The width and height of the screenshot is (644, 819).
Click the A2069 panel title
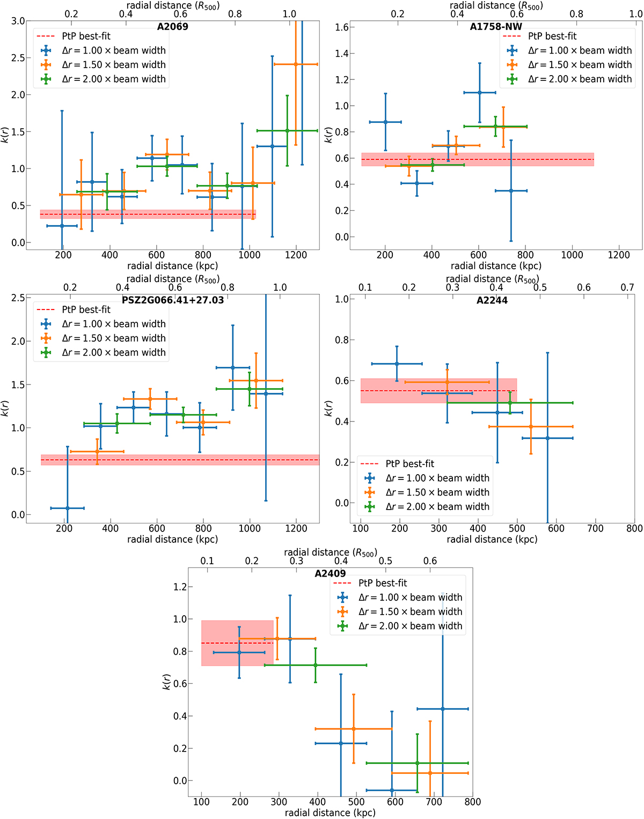click(173, 26)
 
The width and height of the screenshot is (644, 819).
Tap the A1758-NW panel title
click(496, 26)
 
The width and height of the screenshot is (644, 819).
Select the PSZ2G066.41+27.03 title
click(173, 300)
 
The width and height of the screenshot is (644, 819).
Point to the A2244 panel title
click(492, 300)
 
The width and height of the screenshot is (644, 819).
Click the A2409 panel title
click(330, 573)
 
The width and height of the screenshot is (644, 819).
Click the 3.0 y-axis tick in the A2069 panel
click(18, 21)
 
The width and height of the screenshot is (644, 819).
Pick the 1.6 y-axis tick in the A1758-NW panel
click(342, 27)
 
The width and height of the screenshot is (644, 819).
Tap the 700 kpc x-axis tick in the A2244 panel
click(595, 528)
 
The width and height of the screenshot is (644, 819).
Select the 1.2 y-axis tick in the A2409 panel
click(180, 587)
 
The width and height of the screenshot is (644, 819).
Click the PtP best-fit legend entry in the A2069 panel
click(86, 36)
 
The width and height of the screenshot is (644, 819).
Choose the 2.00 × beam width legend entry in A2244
click(437, 506)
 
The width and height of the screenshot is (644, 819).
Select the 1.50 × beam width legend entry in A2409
click(410, 611)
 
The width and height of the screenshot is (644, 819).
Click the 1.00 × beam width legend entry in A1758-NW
click(580, 50)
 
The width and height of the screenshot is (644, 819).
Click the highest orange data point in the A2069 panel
click(296, 64)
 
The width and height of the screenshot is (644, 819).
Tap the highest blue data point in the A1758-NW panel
click(480, 93)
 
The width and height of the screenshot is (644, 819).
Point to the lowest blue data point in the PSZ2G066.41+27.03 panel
click(67, 508)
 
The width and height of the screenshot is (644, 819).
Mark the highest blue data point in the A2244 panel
click(397, 364)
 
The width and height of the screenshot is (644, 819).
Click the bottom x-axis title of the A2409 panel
click(330, 813)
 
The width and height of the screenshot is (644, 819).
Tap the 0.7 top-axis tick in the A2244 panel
click(627, 287)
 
